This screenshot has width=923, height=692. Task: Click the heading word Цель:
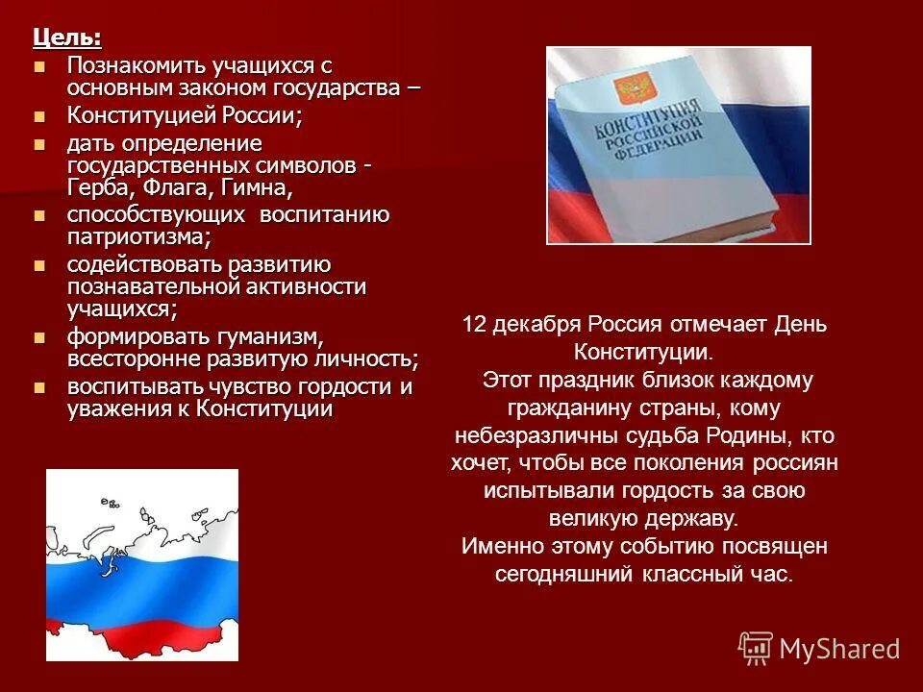[66, 37]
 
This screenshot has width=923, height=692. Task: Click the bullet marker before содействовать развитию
[39, 264]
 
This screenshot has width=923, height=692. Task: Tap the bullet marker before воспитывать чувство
[39, 387]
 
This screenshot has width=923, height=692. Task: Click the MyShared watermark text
[839, 650]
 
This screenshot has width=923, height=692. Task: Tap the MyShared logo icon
[756, 648]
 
